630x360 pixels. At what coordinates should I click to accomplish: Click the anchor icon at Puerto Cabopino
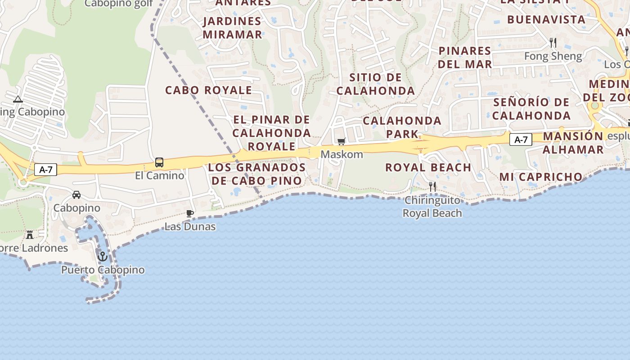pos(103,256)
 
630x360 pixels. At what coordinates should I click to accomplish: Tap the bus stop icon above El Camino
pos(159,162)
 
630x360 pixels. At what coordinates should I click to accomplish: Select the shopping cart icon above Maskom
pos(342,142)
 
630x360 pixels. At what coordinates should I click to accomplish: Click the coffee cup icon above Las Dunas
pos(190,213)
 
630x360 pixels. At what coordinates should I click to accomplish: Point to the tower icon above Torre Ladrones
pos(30,234)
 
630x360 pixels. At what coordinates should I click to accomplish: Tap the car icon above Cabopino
pos(76,195)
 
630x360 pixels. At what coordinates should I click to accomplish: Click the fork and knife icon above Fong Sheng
pos(553,43)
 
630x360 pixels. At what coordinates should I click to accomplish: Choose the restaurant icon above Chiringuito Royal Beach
pos(432,186)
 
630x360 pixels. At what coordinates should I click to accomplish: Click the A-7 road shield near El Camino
pos(46,170)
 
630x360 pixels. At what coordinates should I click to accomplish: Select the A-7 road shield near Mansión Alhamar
pos(521,139)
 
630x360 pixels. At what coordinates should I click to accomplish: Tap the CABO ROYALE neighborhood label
pos(208,90)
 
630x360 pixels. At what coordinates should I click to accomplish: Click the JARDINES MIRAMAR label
pos(232,28)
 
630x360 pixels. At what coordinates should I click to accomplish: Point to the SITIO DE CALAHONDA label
pos(376,84)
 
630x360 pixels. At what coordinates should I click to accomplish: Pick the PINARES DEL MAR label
pos(465,57)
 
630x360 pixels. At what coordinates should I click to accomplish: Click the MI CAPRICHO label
pos(541,177)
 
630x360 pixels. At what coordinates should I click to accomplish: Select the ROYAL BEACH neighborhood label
pos(428,167)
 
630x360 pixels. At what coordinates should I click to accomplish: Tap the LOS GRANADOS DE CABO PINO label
pos(257,174)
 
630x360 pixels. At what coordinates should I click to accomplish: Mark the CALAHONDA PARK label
pos(402,127)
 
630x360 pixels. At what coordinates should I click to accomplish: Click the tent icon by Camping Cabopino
pos(18,99)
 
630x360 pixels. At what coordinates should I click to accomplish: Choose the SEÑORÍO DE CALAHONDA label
pos(531,109)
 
